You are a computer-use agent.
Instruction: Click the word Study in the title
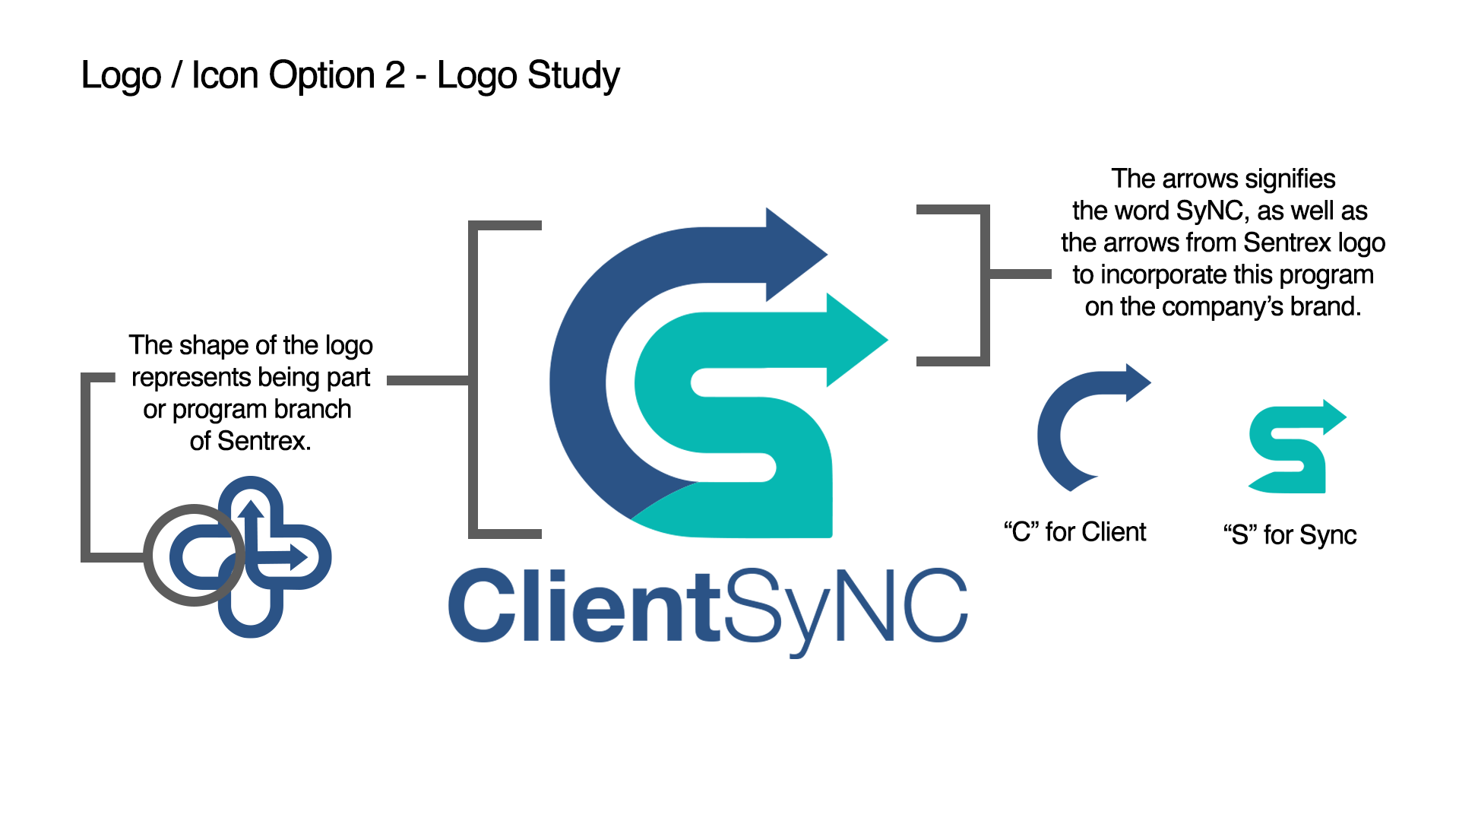click(x=574, y=77)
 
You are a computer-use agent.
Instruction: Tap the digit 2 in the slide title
click(x=394, y=74)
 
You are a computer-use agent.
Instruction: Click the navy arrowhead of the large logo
click(x=796, y=255)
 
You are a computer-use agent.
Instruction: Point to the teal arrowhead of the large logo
click(x=857, y=340)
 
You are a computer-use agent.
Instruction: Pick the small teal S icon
click(x=1297, y=447)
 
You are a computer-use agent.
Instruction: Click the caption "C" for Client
click(x=1074, y=532)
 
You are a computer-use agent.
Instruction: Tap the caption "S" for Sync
click(x=1290, y=535)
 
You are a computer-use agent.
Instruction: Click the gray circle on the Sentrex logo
click(x=195, y=555)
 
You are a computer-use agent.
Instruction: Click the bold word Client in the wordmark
click(x=584, y=605)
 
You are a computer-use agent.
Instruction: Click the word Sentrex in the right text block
click(x=1287, y=242)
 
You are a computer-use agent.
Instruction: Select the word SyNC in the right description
click(x=1209, y=211)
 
